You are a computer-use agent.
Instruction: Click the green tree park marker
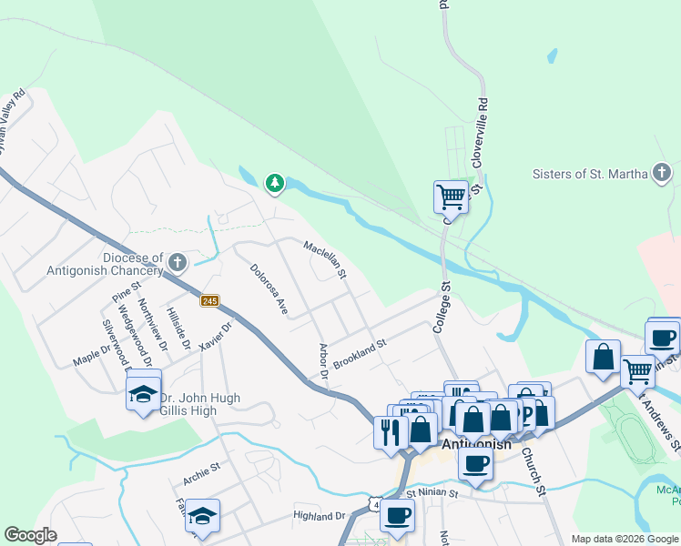tap(274, 184)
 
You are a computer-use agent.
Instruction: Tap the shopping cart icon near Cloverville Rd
tap(451, 195)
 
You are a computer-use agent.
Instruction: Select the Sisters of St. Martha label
tap(590, 174)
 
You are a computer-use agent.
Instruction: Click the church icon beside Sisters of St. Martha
tap(662, 173)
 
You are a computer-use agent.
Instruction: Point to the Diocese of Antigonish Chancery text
tap(107, 264)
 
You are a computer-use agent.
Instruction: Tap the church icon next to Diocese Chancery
tap(178, 264)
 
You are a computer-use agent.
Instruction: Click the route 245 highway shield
tap(210, 301)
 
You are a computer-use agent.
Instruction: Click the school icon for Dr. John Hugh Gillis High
tap(143, 393)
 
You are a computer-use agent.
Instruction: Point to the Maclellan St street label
tap(326, 259)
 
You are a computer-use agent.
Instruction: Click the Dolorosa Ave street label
tap(269, 289)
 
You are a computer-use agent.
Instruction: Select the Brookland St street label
tap(360, 354)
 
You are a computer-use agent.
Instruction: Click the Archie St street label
tap(201, 470)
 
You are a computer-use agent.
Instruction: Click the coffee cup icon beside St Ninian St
tap(396, 515)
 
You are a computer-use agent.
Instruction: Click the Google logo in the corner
tap(30, 535)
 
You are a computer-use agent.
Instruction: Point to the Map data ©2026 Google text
tap(624, 539)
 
